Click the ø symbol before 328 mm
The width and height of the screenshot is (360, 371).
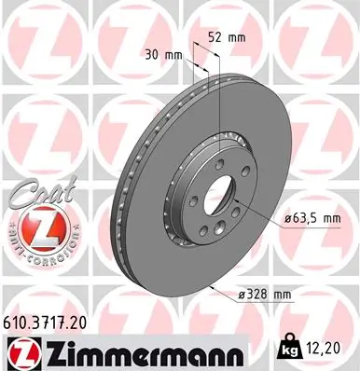pyautogui.click(x=242, y=295)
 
